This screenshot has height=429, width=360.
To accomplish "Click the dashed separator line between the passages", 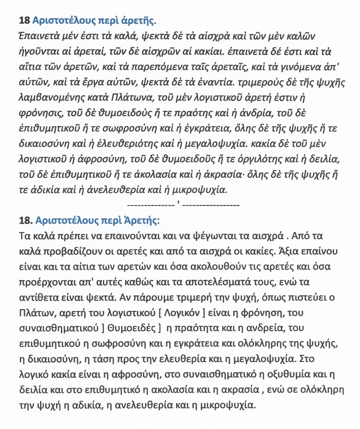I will [x=183, y=205].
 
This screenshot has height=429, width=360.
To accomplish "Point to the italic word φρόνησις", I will [x=40, y=113].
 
